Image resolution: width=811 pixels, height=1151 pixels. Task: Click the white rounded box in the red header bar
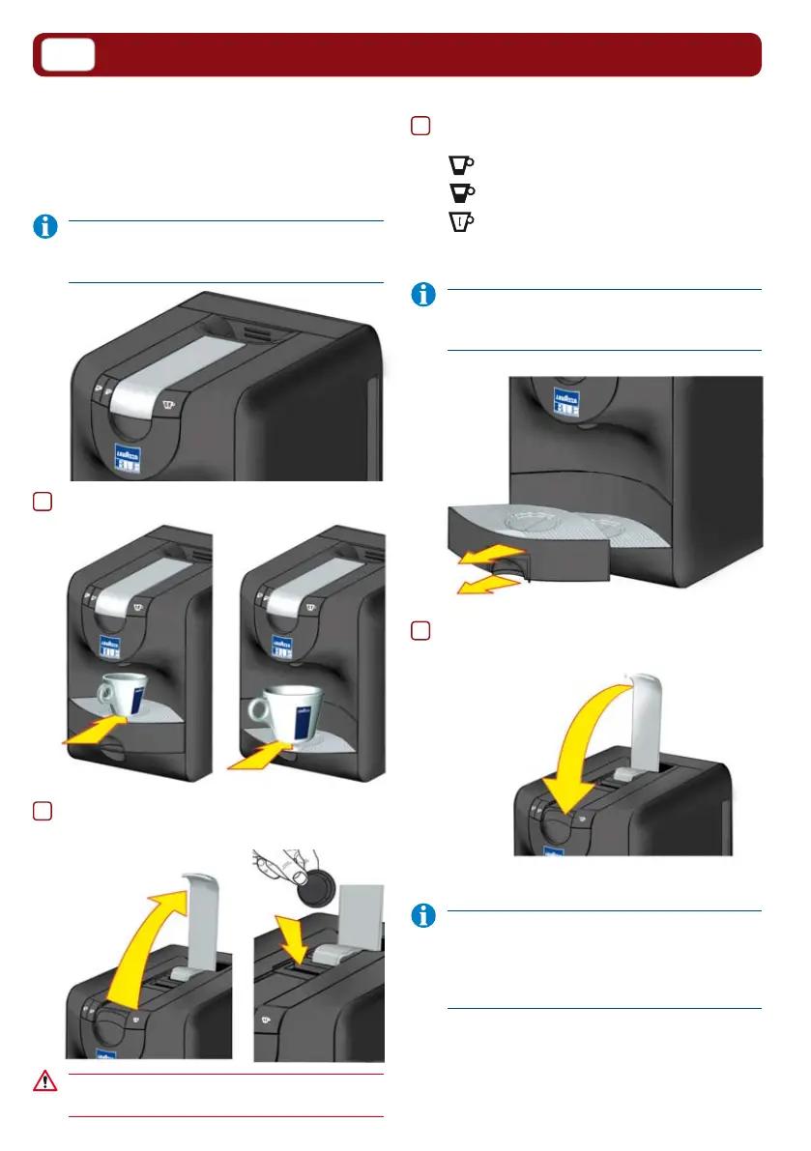(x=68, y=55)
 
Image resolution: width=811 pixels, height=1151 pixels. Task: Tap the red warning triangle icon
(x=44, y=1079)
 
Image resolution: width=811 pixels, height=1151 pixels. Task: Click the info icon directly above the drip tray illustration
(x=422, y=296)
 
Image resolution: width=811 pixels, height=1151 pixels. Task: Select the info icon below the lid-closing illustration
(x=422, y=917)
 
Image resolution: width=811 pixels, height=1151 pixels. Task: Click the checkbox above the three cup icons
(x=420, y=127)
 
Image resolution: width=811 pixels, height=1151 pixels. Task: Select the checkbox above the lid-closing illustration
(x=420, y=630)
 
